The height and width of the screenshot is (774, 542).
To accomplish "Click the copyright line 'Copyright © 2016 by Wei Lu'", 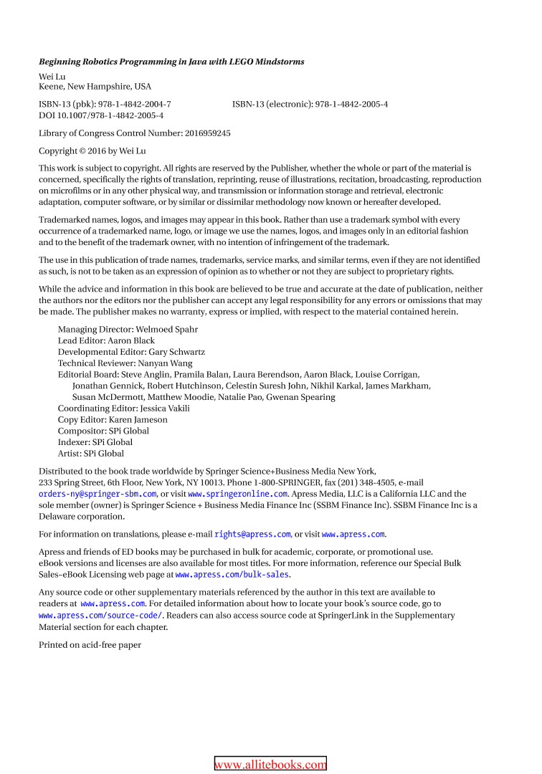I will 98,150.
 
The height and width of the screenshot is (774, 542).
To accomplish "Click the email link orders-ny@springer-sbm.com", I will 98,494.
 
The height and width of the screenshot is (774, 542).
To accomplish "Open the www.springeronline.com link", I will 238,494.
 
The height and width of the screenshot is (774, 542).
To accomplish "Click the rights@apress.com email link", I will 252,534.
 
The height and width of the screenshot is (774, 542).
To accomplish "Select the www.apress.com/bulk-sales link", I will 232,575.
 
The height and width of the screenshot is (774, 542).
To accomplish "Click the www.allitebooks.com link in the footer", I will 270,764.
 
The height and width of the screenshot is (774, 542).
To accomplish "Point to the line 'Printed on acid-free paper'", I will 90,645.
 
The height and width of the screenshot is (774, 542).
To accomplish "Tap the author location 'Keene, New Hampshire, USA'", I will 95,87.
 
